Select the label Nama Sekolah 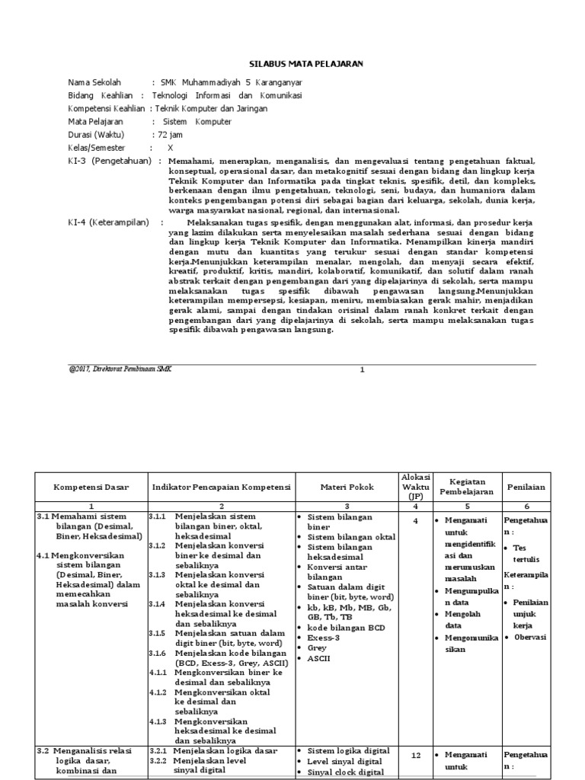(x=94, y=82)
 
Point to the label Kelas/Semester (x=97, y=147)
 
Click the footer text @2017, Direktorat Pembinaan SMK (x=120, y=369)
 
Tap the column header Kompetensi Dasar (x=91, y=487)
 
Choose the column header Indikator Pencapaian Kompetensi (x=222, y=487)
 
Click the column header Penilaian (x=525, y=487)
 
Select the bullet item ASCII (x=318, y=657)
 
